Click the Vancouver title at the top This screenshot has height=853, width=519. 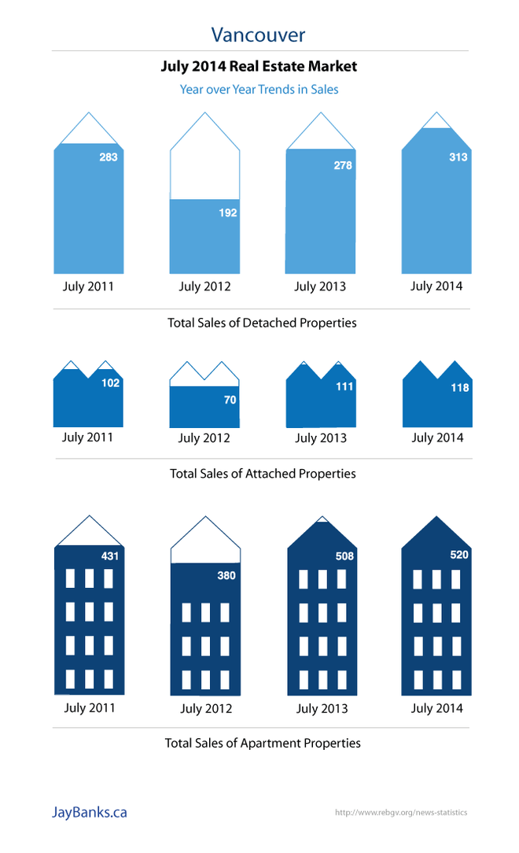click(258, 35)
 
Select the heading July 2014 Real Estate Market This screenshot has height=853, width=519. click(259, 67)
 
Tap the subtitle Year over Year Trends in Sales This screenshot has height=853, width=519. click(259, 90)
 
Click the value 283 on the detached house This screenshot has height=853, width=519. click(109, 157)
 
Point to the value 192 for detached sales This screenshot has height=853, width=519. click(227, 212)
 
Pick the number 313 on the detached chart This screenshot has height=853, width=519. click(458, 157)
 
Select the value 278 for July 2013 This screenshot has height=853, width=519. click(343, 166)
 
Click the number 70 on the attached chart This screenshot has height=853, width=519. click(230, 400)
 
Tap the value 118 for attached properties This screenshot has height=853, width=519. click(459, 388)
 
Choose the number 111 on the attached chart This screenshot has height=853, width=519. click(344, 387)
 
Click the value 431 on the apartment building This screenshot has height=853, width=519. click(109, 556)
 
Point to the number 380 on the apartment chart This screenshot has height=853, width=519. click(226, 575)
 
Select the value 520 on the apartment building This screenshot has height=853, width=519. click(458, 556)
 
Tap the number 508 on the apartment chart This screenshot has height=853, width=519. click(344, 556)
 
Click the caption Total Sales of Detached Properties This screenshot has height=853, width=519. click(262, 323)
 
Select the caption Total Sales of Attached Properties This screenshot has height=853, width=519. click(263, 474)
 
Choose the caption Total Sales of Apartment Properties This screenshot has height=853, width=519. click(263, 743)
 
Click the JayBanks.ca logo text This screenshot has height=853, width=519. click(89, 812)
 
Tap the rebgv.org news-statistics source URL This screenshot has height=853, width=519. click(400, 813)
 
